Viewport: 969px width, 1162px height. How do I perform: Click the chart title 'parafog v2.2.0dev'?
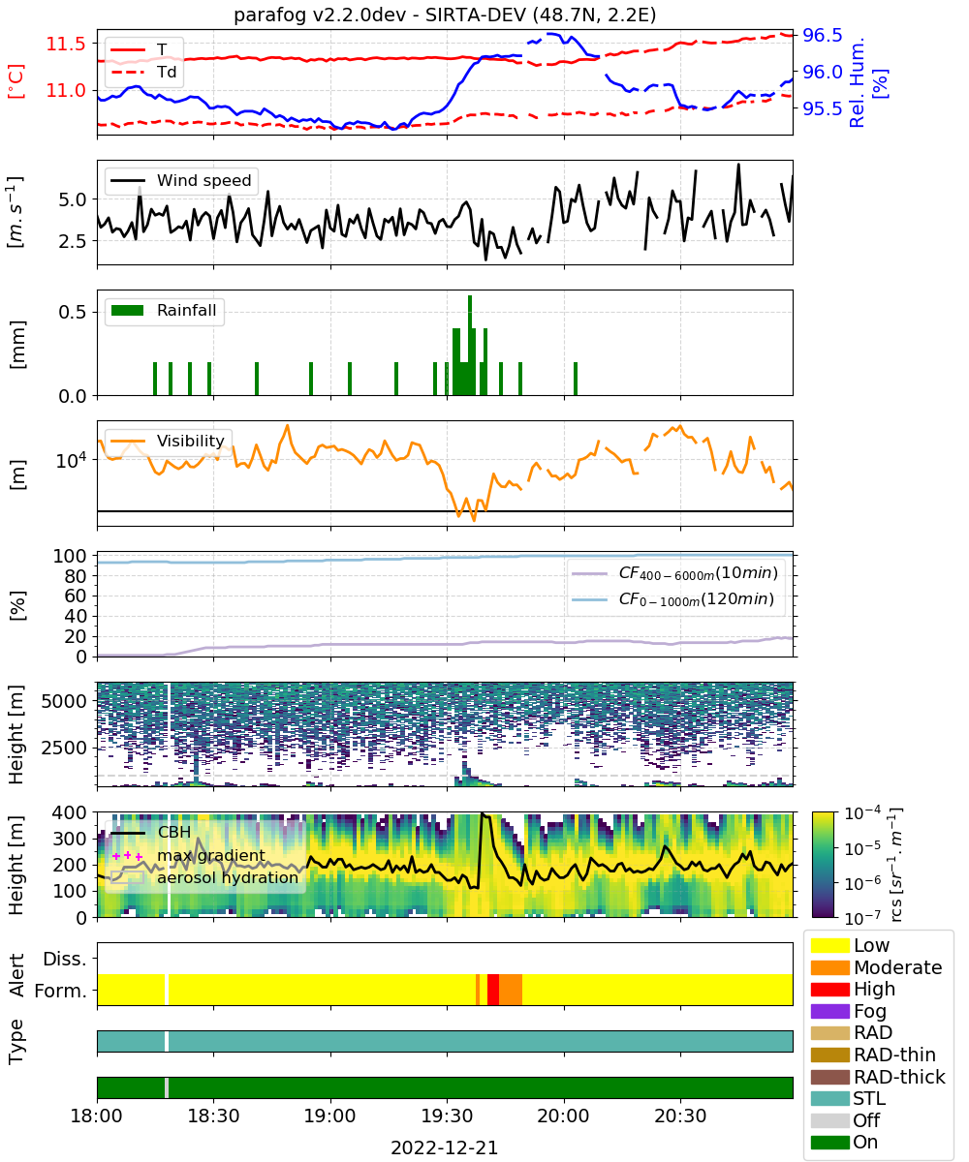pyautogui.click(x=320, y=15)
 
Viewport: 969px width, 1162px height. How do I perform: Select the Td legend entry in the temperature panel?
pyautogui.click(x=143, y=72)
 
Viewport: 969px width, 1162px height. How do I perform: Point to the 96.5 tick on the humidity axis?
pyautogui.click(x=822, y=35)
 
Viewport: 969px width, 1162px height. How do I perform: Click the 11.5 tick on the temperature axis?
pyautogui.click(x=66, y=44)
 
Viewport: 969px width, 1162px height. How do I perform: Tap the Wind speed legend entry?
pyautogui.click(x=181, y=180)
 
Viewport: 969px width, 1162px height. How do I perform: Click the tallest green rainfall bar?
pyautogui.click(x=470, y=345)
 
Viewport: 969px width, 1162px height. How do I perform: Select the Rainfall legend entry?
pyautogui.click(x=164, y=310)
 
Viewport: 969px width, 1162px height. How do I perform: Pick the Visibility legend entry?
pyautogui.click(x=167, y=441)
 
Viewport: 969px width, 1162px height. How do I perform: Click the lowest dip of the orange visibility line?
pyautogui.click(x=474, y=520)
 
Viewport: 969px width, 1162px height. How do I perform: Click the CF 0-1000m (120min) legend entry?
pyautogui.click(x=673, y=599)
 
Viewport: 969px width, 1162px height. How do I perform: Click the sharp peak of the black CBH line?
pyautogui.click(x=483, y=813)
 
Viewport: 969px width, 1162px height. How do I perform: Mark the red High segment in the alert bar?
pyautogui.click(x=493, y=989)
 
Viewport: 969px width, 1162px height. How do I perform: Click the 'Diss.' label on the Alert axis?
pyautogui.click(x=65, y=959)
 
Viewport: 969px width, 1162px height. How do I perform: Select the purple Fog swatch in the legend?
pyautogui.click(x=829, y=1011)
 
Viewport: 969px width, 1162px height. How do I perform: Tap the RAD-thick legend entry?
pyautogui.click(x=878, y=1076)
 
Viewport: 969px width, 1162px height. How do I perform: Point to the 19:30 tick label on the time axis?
pyautogui.click(x=447, y=1116)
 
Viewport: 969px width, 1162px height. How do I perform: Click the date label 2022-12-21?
pyautogui.click(x=445, y=1147)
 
